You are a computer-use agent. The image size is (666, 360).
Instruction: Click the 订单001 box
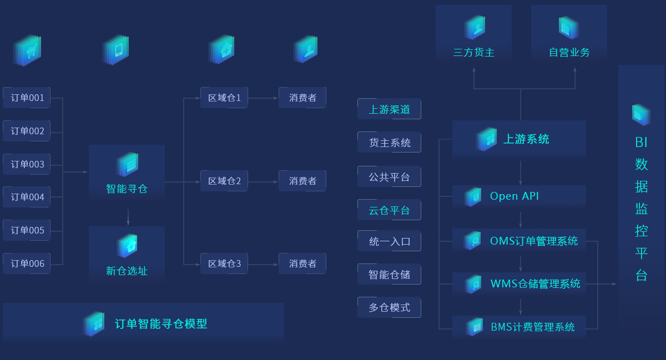click(27, 98)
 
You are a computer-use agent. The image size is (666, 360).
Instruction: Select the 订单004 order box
click(27, 197)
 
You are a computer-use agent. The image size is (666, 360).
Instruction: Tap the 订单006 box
click(27, 263)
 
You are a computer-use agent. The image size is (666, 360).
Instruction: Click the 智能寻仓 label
click(127, 189)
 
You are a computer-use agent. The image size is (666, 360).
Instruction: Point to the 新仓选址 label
click(127, 271)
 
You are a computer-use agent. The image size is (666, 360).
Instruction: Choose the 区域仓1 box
click(224, 98)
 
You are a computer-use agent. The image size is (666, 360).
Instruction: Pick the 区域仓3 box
click(224, 263)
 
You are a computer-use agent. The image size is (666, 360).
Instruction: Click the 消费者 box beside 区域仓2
click(302, 181)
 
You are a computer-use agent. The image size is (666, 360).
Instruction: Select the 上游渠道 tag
click(389, 109)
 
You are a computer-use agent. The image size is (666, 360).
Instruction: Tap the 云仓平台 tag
click(389, 210)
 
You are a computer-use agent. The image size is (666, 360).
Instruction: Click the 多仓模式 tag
click(389, 307)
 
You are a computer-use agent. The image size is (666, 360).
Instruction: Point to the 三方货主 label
click(473, 53)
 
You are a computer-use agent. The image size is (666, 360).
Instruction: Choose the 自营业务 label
click(569, 53)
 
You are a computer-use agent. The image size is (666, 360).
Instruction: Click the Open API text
click(514, 196)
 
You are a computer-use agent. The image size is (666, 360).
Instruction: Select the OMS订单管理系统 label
click(533, 241)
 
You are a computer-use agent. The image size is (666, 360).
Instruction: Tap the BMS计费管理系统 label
click(532, 327)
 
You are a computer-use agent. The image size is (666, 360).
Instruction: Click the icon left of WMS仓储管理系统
click(473, 284)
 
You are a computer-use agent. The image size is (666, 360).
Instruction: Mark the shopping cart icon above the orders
click(28, 50)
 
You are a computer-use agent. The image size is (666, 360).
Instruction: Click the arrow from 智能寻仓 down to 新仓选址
click(128, 217)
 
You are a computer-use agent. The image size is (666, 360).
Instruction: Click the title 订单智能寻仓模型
click(161, 323)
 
